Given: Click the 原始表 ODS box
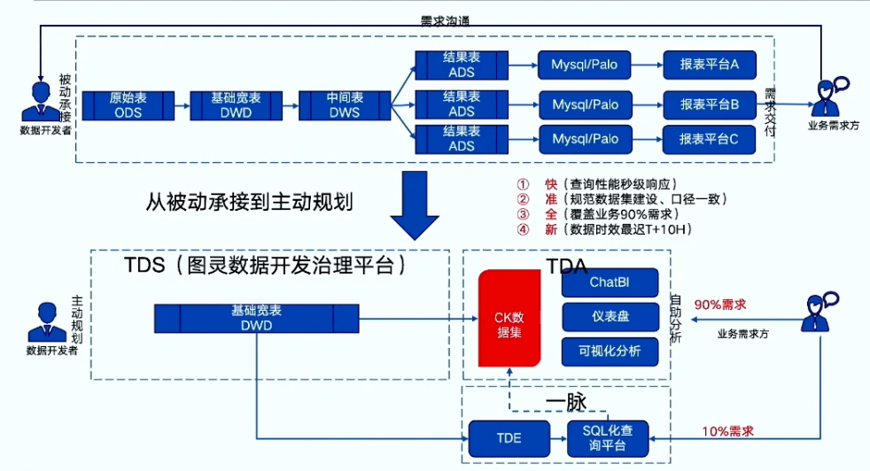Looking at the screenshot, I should click(128, 104).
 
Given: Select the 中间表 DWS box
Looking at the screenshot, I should click(340, 104).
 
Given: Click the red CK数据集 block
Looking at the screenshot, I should click(509, 318).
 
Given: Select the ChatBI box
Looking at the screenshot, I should click(610, 283).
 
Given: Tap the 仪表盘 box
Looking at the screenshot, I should click(610, 317).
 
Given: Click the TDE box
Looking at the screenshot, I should click(508, 437).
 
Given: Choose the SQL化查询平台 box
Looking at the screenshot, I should click(608, 437).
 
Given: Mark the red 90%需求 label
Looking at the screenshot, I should click(720, 305).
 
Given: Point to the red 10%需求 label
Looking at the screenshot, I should click(728, 430).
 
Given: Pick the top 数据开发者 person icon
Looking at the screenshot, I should click(39, 99).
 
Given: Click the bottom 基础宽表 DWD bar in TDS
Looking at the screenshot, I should click(256, 318).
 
